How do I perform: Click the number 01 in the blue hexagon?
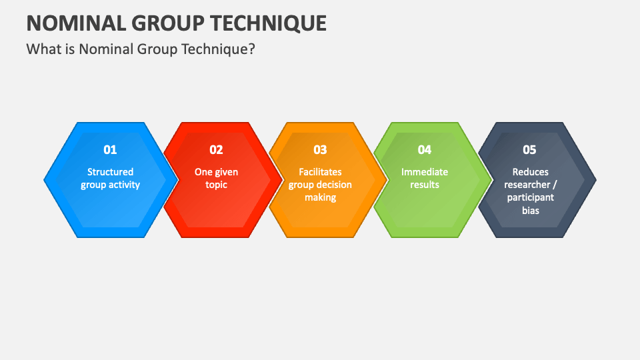[x=110, y=150]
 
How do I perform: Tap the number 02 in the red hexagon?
[x=216, y=150]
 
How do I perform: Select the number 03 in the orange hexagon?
[x=320, y=150]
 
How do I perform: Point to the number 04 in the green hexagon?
[x=425, y=150]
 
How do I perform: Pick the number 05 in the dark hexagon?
[x=529, y=150]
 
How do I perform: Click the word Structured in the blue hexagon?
[x=110, y=172]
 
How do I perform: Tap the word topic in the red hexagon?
[x=216, y=185]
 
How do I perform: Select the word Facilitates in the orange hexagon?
[x=320, y=172]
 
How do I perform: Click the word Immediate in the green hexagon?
[x=425, y=172]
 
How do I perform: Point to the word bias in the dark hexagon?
[x=530, y=210]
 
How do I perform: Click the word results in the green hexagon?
[x=425, y=185]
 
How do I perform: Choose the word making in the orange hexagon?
[x=320, y=197]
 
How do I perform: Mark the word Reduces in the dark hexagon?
[x=530, y=172]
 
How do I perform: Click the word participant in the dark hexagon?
[x=530, y=197]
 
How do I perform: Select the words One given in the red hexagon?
[x=216, y=172]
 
